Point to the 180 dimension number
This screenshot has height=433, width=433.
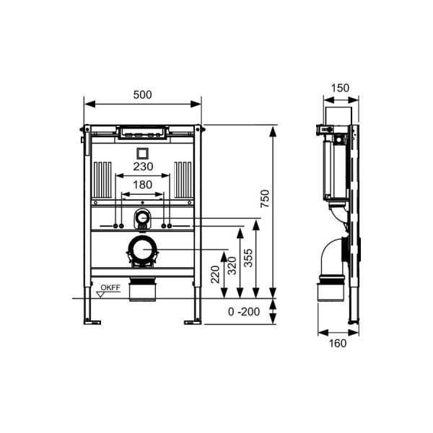tap(144, 185)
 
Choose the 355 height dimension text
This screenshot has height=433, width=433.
tap(248, 258)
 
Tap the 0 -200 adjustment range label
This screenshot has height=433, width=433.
tap(242, 312)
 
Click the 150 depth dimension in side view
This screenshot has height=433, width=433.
tap(339, 88)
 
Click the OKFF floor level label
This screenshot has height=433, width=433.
tap(110, 288)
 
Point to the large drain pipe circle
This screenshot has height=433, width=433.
tap(143, 250)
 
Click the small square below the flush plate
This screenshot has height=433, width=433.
tap(142, 152)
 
